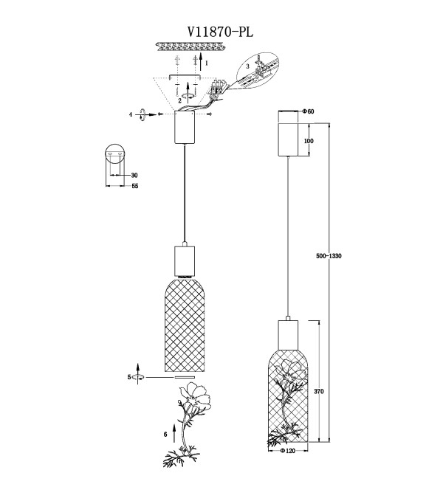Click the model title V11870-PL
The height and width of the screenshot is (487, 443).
click(220, 32)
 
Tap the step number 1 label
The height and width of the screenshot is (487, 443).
click(207, 63)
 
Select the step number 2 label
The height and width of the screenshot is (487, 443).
click(179, 100)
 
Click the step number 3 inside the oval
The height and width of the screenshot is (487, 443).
click(247, 66)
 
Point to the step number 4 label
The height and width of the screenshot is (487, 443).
click(131, 114)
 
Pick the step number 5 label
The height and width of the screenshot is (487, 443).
click(129, 377)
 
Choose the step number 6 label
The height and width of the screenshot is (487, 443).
click(165, 434)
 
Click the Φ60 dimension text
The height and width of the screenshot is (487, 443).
click(308, 111)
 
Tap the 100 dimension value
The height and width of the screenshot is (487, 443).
click(309, 141)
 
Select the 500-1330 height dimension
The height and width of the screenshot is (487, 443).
click(329, 256)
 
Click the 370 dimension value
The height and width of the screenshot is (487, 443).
click(319, 391)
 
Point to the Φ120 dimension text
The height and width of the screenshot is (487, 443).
click(287, 451)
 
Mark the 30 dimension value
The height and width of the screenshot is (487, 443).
click(134, 175)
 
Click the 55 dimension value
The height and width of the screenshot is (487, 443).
click(135, 186)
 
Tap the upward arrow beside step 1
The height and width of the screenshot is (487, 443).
click(201, 61)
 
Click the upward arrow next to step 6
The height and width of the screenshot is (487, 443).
click(174, 432)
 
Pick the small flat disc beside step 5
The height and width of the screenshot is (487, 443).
click(185, 377)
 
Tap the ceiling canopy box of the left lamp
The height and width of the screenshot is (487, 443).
click(185, 127)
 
